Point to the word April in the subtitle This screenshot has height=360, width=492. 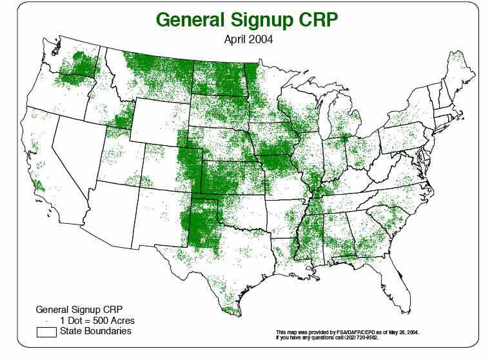pyautogui.click(x=235, y=39)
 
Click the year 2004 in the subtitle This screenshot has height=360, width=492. pyautogui.click(x=262, y=39)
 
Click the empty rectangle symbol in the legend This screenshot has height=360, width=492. pyautogui.click(x=46, y=332)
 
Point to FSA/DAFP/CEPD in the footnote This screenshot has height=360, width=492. pyautogui.click(x=352, y=332)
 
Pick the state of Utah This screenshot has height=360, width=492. pyautogui.click(x=116, y=164)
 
